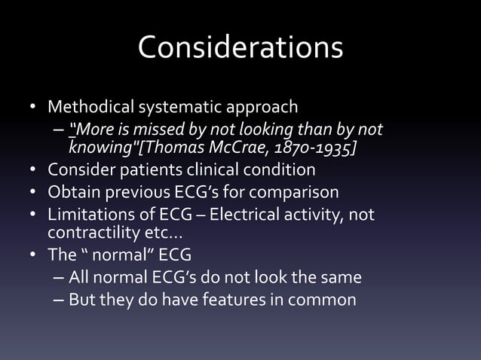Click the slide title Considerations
pyautogui.click(x=240, y=47)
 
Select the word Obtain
pyautogui.click(x=75, y=191)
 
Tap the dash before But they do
pyautogui.click(x=59, y=299)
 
